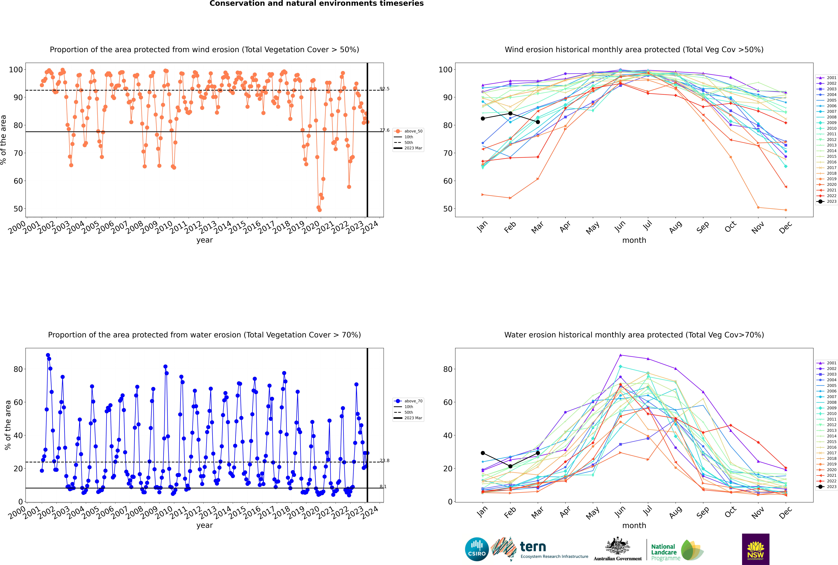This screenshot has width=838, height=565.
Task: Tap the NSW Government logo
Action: (x=755, y=549)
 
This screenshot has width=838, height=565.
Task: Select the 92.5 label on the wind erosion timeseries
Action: (x=384, y=89)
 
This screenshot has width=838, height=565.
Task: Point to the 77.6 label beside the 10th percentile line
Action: (x=384, y=130)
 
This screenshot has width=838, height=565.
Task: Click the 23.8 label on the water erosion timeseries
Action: (x=384, y=460)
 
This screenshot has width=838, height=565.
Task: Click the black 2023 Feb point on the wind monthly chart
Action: (x=510, y=113)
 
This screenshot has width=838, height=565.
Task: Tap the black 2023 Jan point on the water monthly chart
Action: (x=483, y=453)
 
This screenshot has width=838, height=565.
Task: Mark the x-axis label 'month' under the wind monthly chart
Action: (x=634, y=240)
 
